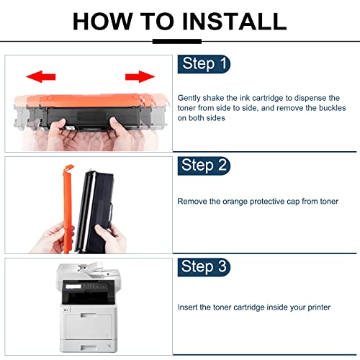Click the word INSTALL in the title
pyautogui.click(x=234, y=21)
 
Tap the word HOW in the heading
pyautogui.click(x=103, y=21)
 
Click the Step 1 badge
pyautogui.click(x=204, y=64)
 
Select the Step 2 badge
pyautogui.click(x=204, y=166)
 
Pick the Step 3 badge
pyautogui.click(x=204, y=267)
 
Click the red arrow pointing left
pyautogui.click(x=40, y=76)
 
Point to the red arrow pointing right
pyautogui.click(x=140, y=76)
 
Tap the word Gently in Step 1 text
pyautogui.click(x=189, y=98)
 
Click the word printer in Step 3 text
pyautogui.click(x=319, y=307)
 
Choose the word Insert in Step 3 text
pyautogui.click(x=187, y=307)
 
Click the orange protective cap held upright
pyautogui.click(x=68, y=208)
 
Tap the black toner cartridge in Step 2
pyautogui.click(x=94, y=211)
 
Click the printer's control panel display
pyautogui.click(x=73, y=287)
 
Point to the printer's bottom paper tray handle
pyautogui.click(x=89, y=348)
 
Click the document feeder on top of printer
pyautogui.click(x=89, y=271)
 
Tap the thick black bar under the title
pyautogui.click(x=177, y=41)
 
